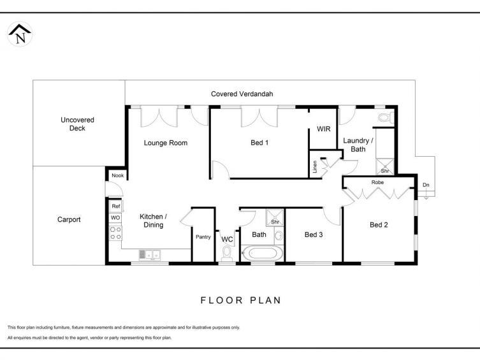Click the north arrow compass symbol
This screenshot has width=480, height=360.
(x=20, y=34)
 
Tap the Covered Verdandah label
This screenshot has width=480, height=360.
(x=242, y=94)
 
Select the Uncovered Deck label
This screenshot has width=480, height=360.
(x=77, y=124)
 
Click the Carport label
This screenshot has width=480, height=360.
(x=69, y=219)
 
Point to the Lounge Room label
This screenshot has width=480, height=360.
(x=166, y=143)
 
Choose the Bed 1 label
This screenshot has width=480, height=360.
(x=259, y=143)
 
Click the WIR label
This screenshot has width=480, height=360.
(x=324, y=129)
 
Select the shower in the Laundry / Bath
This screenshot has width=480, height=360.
(x=385, y=167)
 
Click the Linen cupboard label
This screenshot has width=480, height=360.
(x=315, y=167)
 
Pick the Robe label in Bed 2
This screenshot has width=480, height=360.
(x=377, y=182)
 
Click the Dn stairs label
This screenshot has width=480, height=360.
(x=426, y=185)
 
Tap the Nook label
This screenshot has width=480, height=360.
(x=117, y=175)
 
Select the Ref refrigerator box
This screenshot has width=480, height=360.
(x=116, y=206)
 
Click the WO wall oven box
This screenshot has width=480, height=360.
(x=115, y=218)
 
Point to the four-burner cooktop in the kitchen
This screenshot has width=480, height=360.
(x=116, y=233)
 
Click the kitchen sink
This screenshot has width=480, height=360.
(x=149, y=254)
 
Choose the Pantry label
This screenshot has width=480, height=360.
(x=203, y=237)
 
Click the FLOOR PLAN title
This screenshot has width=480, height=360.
(x=240, y=300)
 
